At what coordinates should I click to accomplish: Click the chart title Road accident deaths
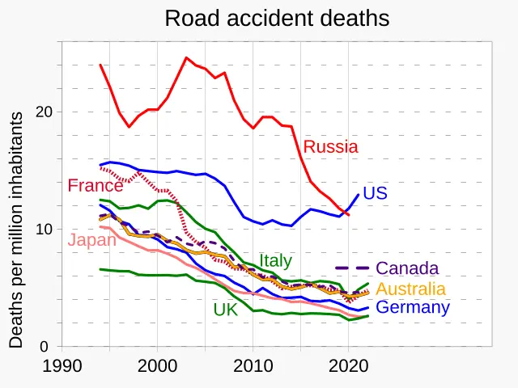(x=277, y=19)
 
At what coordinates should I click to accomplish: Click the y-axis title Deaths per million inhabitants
(x=16, y=230)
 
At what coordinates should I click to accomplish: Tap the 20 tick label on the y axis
(x=45, y=112)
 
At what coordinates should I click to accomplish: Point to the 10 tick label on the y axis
(x=45, y=230)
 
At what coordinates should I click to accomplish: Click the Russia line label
(x=330, y=147)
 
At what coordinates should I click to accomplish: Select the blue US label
(x=375, y=193)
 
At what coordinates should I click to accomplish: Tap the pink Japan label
(x=92, y=240)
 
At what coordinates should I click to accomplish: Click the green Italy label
(x=275, y=261)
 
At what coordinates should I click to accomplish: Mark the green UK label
(x=226, y=310)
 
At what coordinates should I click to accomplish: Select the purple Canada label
(x=407, y=268)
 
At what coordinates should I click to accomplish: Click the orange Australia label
(x=410, y=289)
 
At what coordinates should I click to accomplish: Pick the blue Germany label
(x=413, y=308)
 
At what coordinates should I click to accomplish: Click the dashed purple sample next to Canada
(x=352, y=268)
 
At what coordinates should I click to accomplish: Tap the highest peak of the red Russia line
(x=186, y=57)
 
